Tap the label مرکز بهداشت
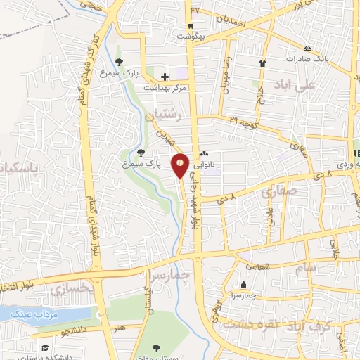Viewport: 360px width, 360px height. pyautogui.click(x=165, y=89)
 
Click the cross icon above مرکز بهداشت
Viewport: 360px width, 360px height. pyautogui.click(x=165, y=76)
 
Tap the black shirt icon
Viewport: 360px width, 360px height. pyautogui.click(x=263, y=63)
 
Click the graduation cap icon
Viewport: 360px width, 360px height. pyautogui.click(x=45, y=347)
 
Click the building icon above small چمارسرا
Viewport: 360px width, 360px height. pyautogui.click(x=243, y=284)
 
